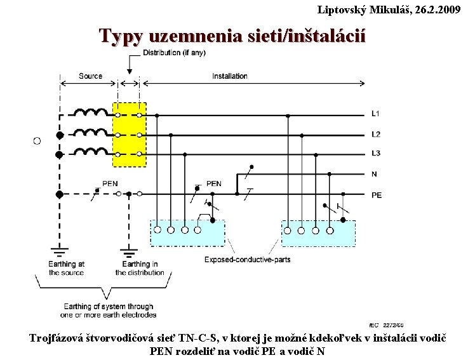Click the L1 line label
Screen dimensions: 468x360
click(x=375, y=114)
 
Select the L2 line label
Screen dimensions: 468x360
click(x=375, y=135)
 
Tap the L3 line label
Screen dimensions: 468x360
click(x=375, y=154)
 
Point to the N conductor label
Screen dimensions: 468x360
click(x=375, y=174)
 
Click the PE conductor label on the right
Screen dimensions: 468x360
click(x=377, y=195)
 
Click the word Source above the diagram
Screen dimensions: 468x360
click(x=90, y=76)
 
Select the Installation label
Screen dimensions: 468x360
click(x=230, y=76)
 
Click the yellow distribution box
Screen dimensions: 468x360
click(x=130, y=135)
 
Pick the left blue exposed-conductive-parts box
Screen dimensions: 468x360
click(x=187, y=232)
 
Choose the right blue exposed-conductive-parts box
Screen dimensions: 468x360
click(x=318, y=232)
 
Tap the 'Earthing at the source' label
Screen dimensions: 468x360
click(x=67, y=268)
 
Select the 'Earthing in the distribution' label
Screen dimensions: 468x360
click(x=140, y=268)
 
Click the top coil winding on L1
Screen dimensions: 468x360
click(x=90, y=113)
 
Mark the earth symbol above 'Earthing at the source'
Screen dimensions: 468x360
click(x=60, y=248)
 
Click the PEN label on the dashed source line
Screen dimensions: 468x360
click(x=110, y=183)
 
